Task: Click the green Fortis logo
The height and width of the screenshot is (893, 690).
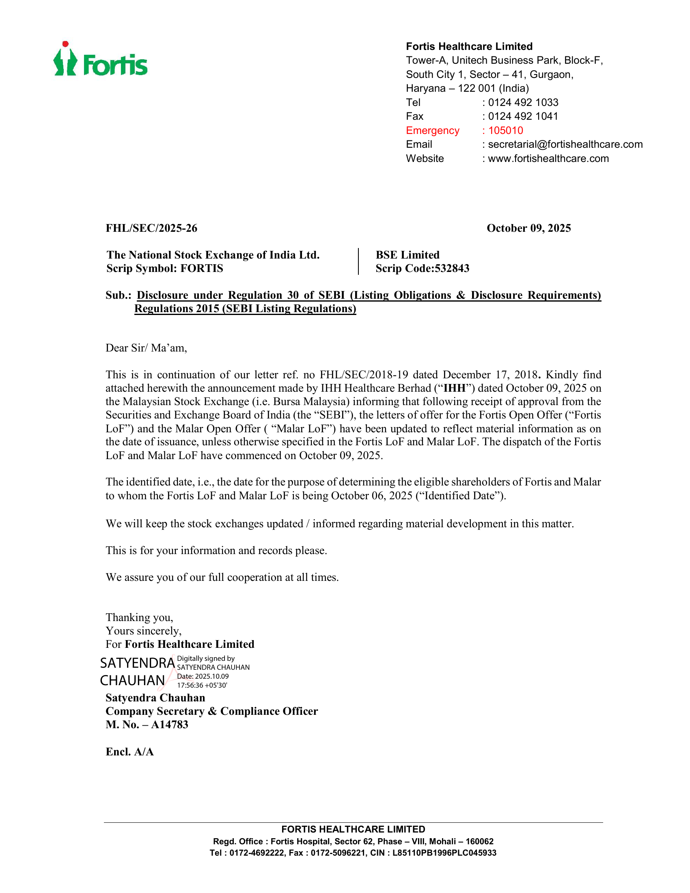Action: click(x=101, y=60)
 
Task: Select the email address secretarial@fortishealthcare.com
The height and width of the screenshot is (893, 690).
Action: click(x=565, y=145)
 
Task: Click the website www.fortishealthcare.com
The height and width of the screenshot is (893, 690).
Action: click(x=548, y=159)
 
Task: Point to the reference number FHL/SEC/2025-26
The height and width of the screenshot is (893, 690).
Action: click(x=151, y=228)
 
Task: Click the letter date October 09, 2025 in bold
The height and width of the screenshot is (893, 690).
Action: click(x=528, y=228)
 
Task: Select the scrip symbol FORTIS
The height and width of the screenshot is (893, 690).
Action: click(x=202, y=269)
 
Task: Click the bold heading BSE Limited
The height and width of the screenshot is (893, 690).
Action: click(x=408, y=255)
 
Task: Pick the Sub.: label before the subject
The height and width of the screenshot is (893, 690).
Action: click(x=118, y=295)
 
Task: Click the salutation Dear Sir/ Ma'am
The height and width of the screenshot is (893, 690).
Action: click(x=146, y=348)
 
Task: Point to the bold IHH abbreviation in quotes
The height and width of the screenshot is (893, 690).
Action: click(x=455, y=388)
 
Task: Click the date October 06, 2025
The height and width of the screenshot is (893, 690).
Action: click(x=371, y=496)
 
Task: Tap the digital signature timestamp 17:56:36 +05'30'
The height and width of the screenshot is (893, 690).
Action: click(x=202, y=685)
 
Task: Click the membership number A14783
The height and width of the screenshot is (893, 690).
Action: click(x=169, y=725)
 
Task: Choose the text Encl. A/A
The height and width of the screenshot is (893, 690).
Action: click(x=129, y=752)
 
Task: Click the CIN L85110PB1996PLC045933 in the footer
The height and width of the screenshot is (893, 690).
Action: click(x=444, y=853)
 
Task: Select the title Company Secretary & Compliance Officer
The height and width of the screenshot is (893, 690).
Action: click(x=211, y=711)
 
